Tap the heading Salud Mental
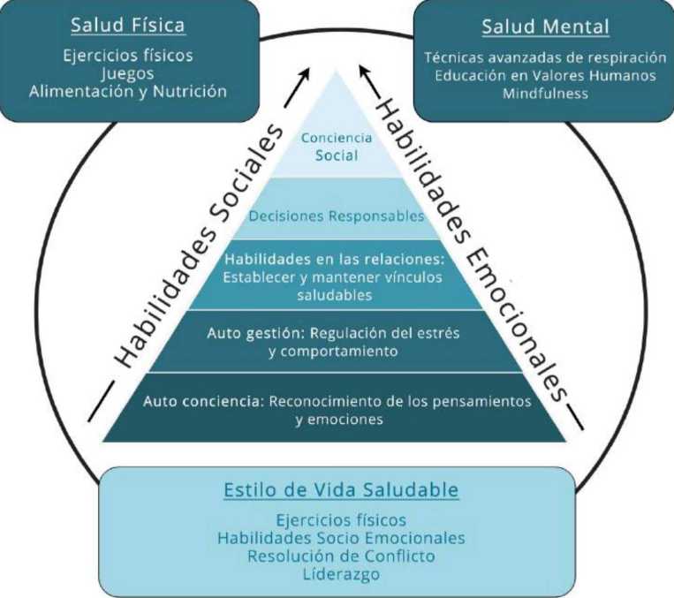coord(545,26)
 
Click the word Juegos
coord(128,73)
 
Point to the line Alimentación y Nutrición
coord(128,91)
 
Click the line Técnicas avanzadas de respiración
coord(545,57)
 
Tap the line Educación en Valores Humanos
coord(545,75)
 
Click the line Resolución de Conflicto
coord(342,556)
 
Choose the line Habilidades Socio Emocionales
coord(342,538)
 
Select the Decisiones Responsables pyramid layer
coord(337,216)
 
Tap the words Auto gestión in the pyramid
coord(240,334)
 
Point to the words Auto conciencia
coord(198,401)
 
